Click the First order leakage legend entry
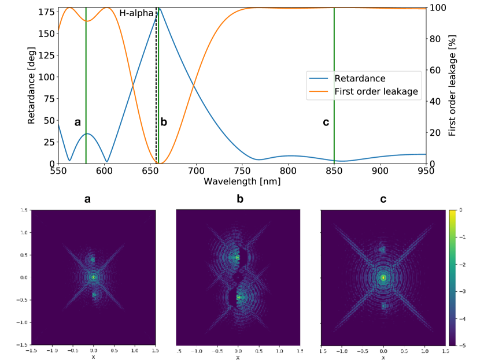pos(376,91)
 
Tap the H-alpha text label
pos(136,13)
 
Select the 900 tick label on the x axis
pos(380,172)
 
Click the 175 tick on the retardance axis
pos(49,12)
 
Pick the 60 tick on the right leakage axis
pos(435,70)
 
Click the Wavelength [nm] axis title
pos(241,181)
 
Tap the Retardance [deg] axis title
pos(32,86)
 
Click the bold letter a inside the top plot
pos(77,122)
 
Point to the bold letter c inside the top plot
pos(326,122)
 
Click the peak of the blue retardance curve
pos(160,9)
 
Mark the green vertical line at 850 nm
pos(334,87)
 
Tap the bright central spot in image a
pos(94,277)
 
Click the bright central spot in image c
pos(383,277)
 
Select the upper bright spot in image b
pos(237,258)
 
